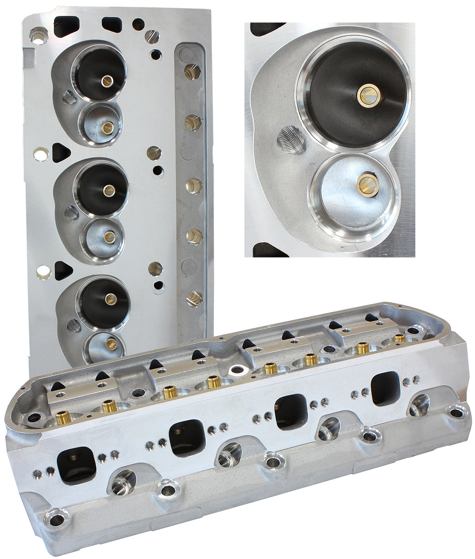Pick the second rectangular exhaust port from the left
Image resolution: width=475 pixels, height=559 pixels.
[188, 438]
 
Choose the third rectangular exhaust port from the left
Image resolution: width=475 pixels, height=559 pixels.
[291, 412]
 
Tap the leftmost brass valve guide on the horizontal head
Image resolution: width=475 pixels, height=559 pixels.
[64, 416]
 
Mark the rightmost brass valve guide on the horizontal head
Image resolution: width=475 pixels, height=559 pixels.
[399, 337]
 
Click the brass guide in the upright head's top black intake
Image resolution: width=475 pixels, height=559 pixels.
[107, 81]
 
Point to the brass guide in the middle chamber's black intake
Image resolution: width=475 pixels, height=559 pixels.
[109, 190]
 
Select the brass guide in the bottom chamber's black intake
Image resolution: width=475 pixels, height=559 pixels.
[111, 299]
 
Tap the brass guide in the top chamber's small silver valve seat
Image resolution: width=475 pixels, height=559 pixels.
[108, 128]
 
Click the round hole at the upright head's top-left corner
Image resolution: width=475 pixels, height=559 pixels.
[38, 36]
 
